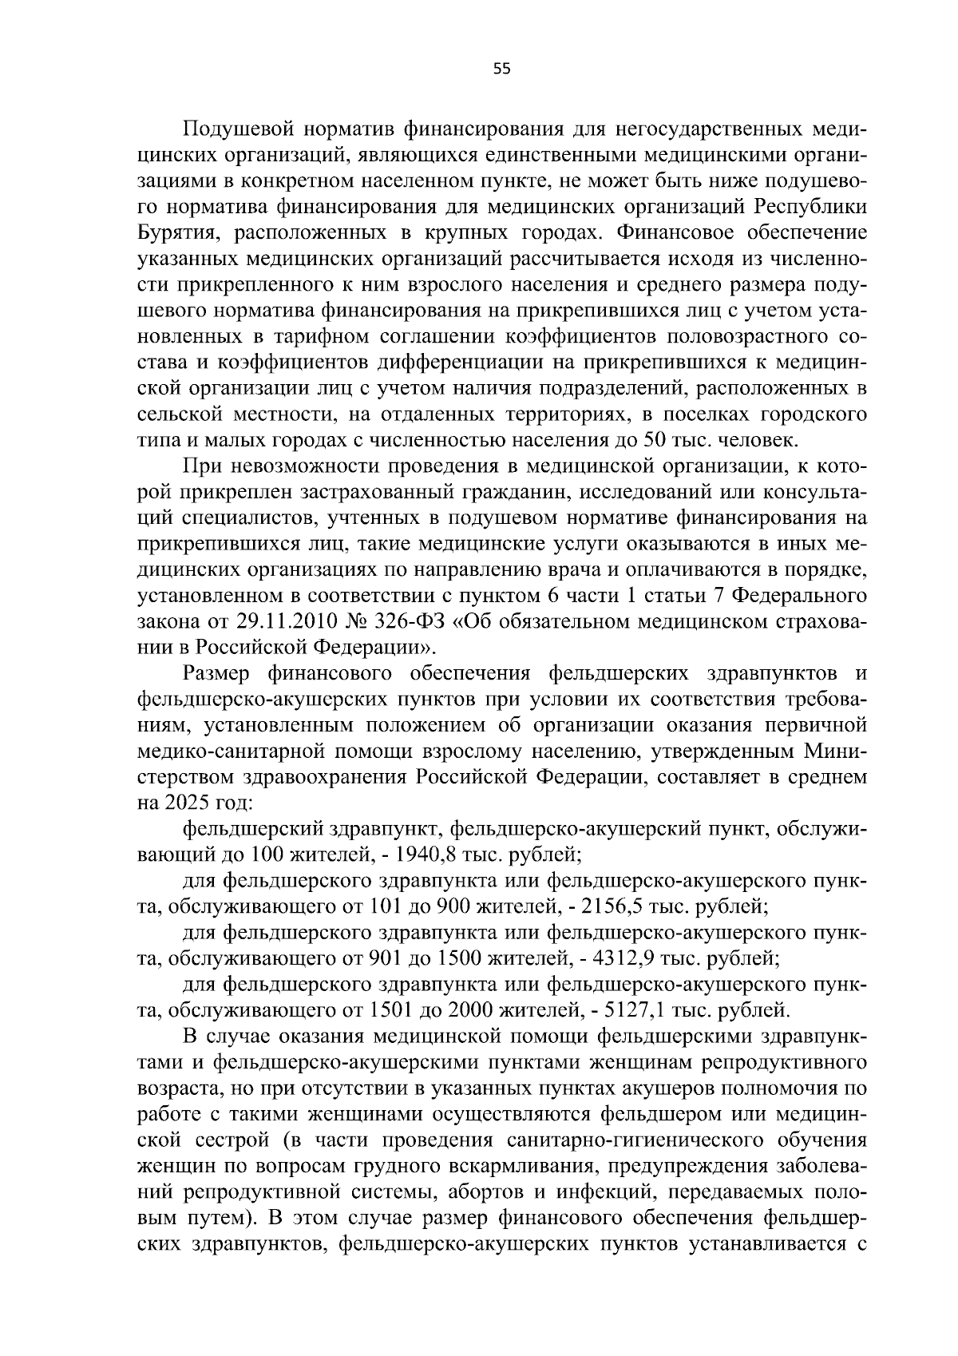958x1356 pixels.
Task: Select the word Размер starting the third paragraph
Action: [214, 674]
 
